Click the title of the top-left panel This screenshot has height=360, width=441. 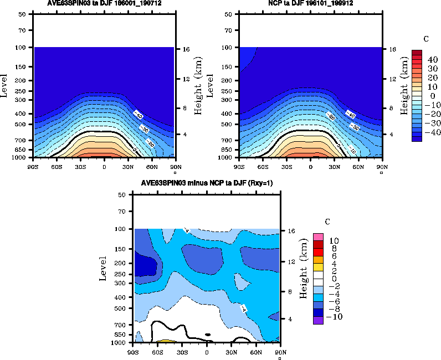[104, 3]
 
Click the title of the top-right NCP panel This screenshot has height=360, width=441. [310, 3]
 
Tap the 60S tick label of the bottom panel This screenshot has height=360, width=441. [158, 351]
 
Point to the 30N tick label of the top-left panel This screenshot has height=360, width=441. [127, 166]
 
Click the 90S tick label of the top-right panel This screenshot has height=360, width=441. [239, 166]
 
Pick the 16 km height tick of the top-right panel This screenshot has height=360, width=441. [389, 49]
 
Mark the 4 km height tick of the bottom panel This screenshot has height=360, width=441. [288, 320]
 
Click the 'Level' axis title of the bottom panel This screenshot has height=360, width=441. [103, 269]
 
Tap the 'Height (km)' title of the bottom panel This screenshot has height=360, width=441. [303, 269]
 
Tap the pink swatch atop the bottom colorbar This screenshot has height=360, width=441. [318, 237]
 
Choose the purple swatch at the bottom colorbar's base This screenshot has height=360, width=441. [318, 320]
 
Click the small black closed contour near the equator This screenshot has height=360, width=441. [207, 334]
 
